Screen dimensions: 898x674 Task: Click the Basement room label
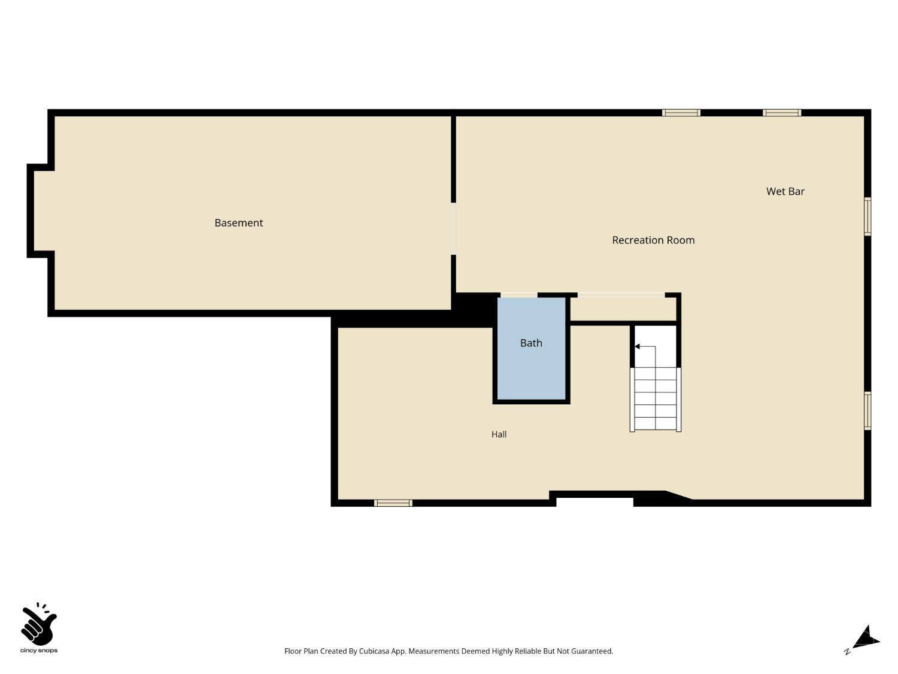(238, 223)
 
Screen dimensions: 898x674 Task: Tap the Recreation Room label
(653, 240)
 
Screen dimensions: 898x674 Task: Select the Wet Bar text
(785, 191)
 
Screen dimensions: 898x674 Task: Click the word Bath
(531, 343)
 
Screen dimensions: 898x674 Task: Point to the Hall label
(499, 434)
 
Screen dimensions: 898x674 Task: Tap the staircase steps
(655, 399)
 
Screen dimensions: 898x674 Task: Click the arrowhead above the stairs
(637, 347)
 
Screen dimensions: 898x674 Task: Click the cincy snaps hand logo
(38, 624)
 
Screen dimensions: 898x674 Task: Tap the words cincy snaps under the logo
(39, 651)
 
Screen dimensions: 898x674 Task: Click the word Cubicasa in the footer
(374, 651)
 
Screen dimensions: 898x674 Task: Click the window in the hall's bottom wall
(393, 503)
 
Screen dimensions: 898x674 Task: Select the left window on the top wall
(681, 113)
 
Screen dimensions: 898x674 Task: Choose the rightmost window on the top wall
(782, 113)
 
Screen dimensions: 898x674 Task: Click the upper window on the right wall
(867, 216)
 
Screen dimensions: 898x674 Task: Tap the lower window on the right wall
(867, 411)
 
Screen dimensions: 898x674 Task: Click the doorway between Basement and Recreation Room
(453, 229)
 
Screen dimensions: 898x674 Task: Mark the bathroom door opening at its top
(519, 295)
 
